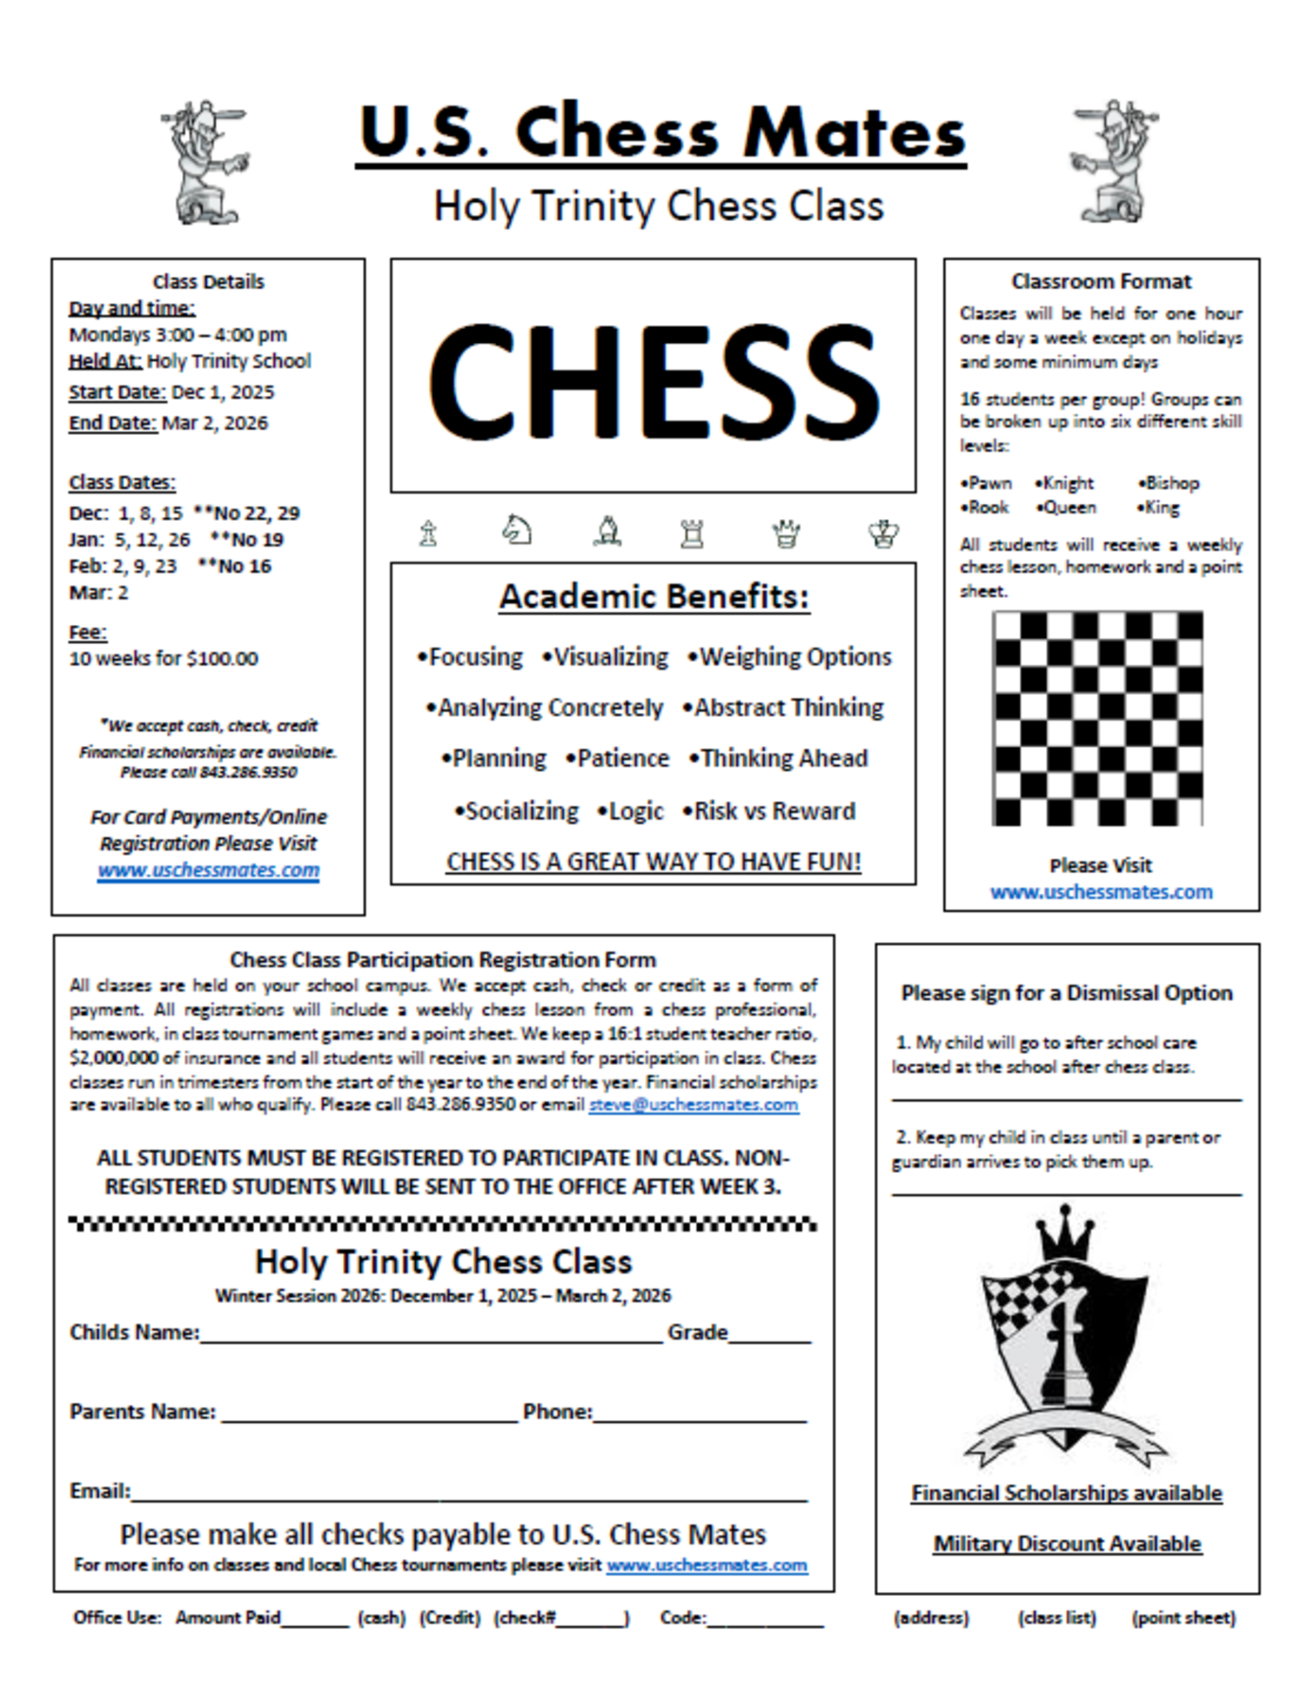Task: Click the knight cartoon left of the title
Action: [x=205, y=162]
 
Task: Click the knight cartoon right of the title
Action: [x=1114, y=162]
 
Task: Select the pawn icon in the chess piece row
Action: [x=427, y=533]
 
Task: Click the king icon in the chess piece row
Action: [x=883, y=533]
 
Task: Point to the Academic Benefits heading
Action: [x=654, y=596]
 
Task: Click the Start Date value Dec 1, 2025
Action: [x=223, y=392]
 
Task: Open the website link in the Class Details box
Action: [x=208, y=870]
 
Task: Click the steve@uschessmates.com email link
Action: [x=694, y=1105]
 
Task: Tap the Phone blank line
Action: [x=700, y=1414]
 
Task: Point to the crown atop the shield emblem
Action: [x=1065, y=1231]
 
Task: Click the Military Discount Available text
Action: [x=1067, y=1544]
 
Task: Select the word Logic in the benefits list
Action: [x=636, y=811]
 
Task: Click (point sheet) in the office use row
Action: [x=1183, y=1618]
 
